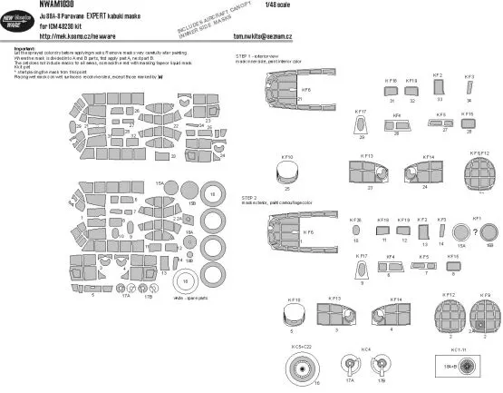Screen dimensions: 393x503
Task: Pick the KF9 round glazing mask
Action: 486,312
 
